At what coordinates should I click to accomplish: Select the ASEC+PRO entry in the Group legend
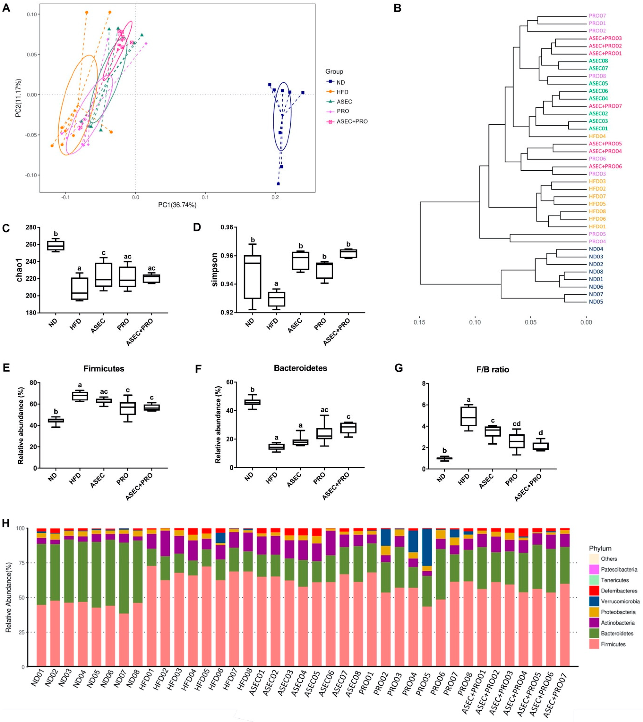pyautogui.click(x=352, y=121)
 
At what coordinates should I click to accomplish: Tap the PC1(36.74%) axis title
pyautogui.click(x=177, y=205)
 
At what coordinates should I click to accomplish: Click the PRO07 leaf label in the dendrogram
pyautogui.click(x=597, y=16)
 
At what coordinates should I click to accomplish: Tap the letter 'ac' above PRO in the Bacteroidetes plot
pyautogui.click(x=325, y=410)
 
